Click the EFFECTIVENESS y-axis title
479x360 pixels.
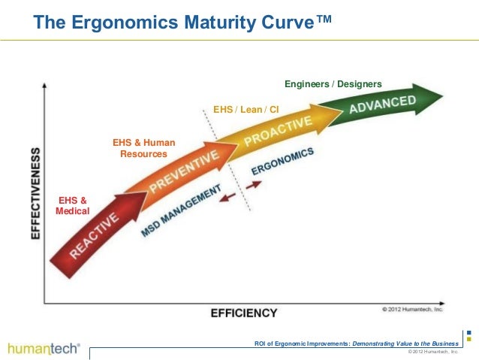tap(36, 192)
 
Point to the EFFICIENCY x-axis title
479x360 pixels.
tap(245, 312)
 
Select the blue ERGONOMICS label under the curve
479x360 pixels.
tap(282, 160)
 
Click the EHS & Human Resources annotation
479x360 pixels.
tap(143, 148)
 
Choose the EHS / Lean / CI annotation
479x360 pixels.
tap(246, 110)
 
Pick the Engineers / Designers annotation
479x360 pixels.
tap(333, 83)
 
